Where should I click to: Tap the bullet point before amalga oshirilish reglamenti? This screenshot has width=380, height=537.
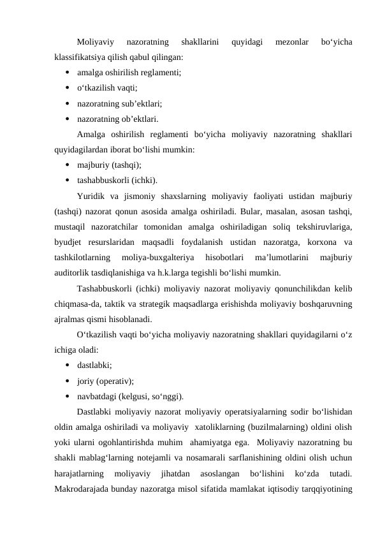[x=67, y=72]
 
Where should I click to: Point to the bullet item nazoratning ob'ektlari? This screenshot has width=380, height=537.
[x=118, y=118]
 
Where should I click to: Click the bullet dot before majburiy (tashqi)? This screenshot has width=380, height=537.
[x=67, y=164]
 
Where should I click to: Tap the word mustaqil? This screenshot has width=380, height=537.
[x=73, y=225]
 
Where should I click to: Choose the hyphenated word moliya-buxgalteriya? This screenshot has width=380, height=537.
[x=164, y=256]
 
